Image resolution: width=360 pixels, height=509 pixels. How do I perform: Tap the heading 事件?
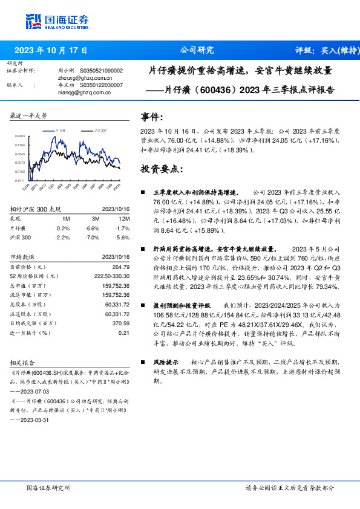(152, 116)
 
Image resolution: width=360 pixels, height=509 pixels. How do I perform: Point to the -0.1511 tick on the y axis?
(20, 180)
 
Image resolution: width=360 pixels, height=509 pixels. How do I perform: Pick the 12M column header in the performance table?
(125, 218)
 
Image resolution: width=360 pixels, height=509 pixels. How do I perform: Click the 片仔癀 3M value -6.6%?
(92, 228)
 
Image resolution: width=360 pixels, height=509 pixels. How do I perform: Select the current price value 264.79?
(121, 267)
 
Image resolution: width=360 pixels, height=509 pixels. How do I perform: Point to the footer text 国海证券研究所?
(49, 487)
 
